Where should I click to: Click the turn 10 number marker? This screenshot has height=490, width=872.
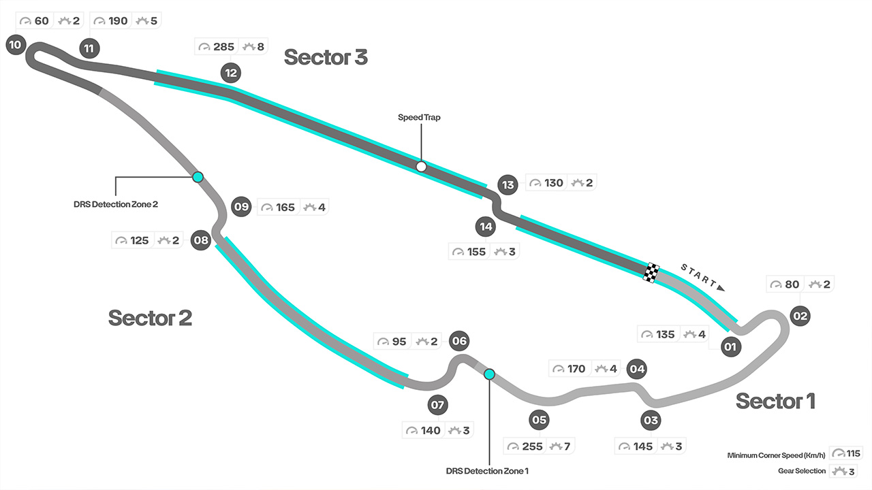pos(14,46)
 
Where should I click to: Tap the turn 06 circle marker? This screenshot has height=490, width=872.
pos(460,341)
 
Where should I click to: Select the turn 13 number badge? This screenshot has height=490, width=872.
pos(507,184)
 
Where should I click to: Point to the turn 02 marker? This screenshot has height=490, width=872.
pos(800,315)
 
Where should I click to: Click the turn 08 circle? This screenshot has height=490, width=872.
pos(200,240)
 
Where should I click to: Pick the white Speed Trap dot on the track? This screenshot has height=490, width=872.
pos(421,167)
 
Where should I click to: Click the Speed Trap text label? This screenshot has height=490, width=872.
pos(419,118)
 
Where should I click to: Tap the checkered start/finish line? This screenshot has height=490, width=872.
pos(652,272)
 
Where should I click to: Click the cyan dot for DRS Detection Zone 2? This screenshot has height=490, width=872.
pos(198,177)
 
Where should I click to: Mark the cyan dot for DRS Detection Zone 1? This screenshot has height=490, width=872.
pos(489,374)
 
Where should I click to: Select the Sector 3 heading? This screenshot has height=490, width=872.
pos(326,57)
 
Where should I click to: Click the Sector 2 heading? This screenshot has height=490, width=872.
pos(150,317)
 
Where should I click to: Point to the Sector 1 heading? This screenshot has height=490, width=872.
pos(775,401)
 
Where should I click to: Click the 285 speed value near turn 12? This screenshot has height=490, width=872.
pos(223,47)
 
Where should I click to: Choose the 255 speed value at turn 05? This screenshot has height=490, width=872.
pos(533,446)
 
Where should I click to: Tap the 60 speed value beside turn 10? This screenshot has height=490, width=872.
pos(42,21)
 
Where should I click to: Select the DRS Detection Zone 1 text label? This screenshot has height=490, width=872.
pos(487,470)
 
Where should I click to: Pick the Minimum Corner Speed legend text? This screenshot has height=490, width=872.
pos(777,455)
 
